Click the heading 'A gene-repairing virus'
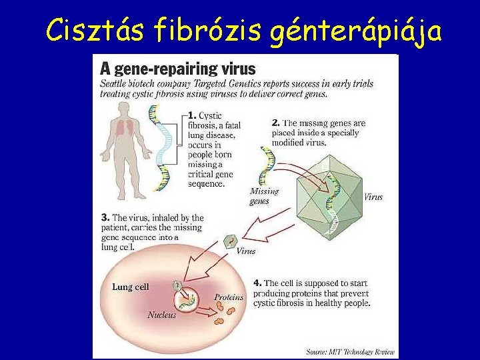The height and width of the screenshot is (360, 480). pos(177,68)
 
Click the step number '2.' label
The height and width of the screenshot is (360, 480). pos(276,123)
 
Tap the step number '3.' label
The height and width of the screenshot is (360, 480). pos(105,217)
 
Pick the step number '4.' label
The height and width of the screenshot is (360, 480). pos(257,283)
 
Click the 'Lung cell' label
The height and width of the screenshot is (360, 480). pos(131,287)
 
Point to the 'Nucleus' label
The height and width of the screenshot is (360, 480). pos(162,315)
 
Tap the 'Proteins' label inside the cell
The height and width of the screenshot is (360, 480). pos(229,297)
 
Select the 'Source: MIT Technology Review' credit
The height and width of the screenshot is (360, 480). pos(350,351)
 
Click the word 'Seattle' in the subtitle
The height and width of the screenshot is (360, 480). pos(115,84)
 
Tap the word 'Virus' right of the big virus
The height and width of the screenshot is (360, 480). pos(373,197)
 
